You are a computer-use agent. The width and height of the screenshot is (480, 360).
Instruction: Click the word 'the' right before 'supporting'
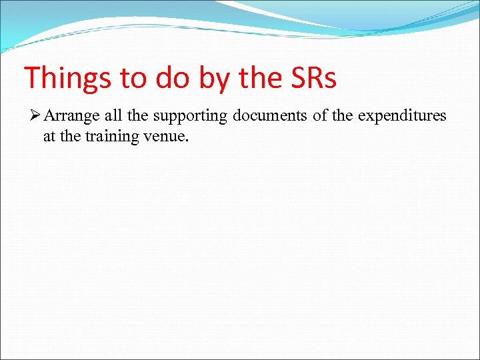point(137,116)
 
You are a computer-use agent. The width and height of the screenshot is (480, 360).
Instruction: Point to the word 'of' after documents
point(320,116)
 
